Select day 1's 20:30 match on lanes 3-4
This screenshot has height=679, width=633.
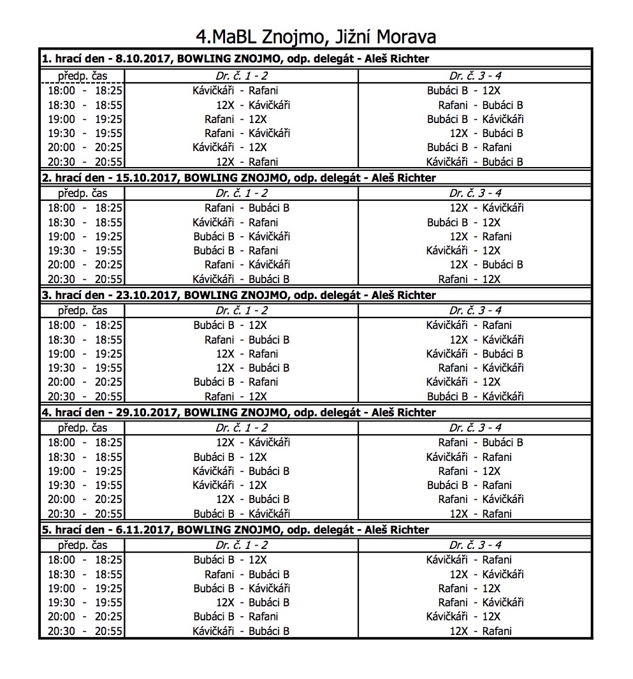[475, 162]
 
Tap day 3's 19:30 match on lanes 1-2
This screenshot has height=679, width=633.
[252, 368]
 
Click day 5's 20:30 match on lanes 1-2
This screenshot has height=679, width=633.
[241, 632]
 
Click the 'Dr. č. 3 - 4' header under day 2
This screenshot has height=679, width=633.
[475, 193]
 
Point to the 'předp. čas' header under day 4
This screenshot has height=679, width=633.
[83, 428]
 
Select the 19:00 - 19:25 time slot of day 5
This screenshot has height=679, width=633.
[85, 588]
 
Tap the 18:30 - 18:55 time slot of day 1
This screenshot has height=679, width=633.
[85, 105]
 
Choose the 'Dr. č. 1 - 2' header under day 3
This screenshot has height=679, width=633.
[242, 310]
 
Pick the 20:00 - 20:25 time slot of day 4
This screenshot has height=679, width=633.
[85, 499]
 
